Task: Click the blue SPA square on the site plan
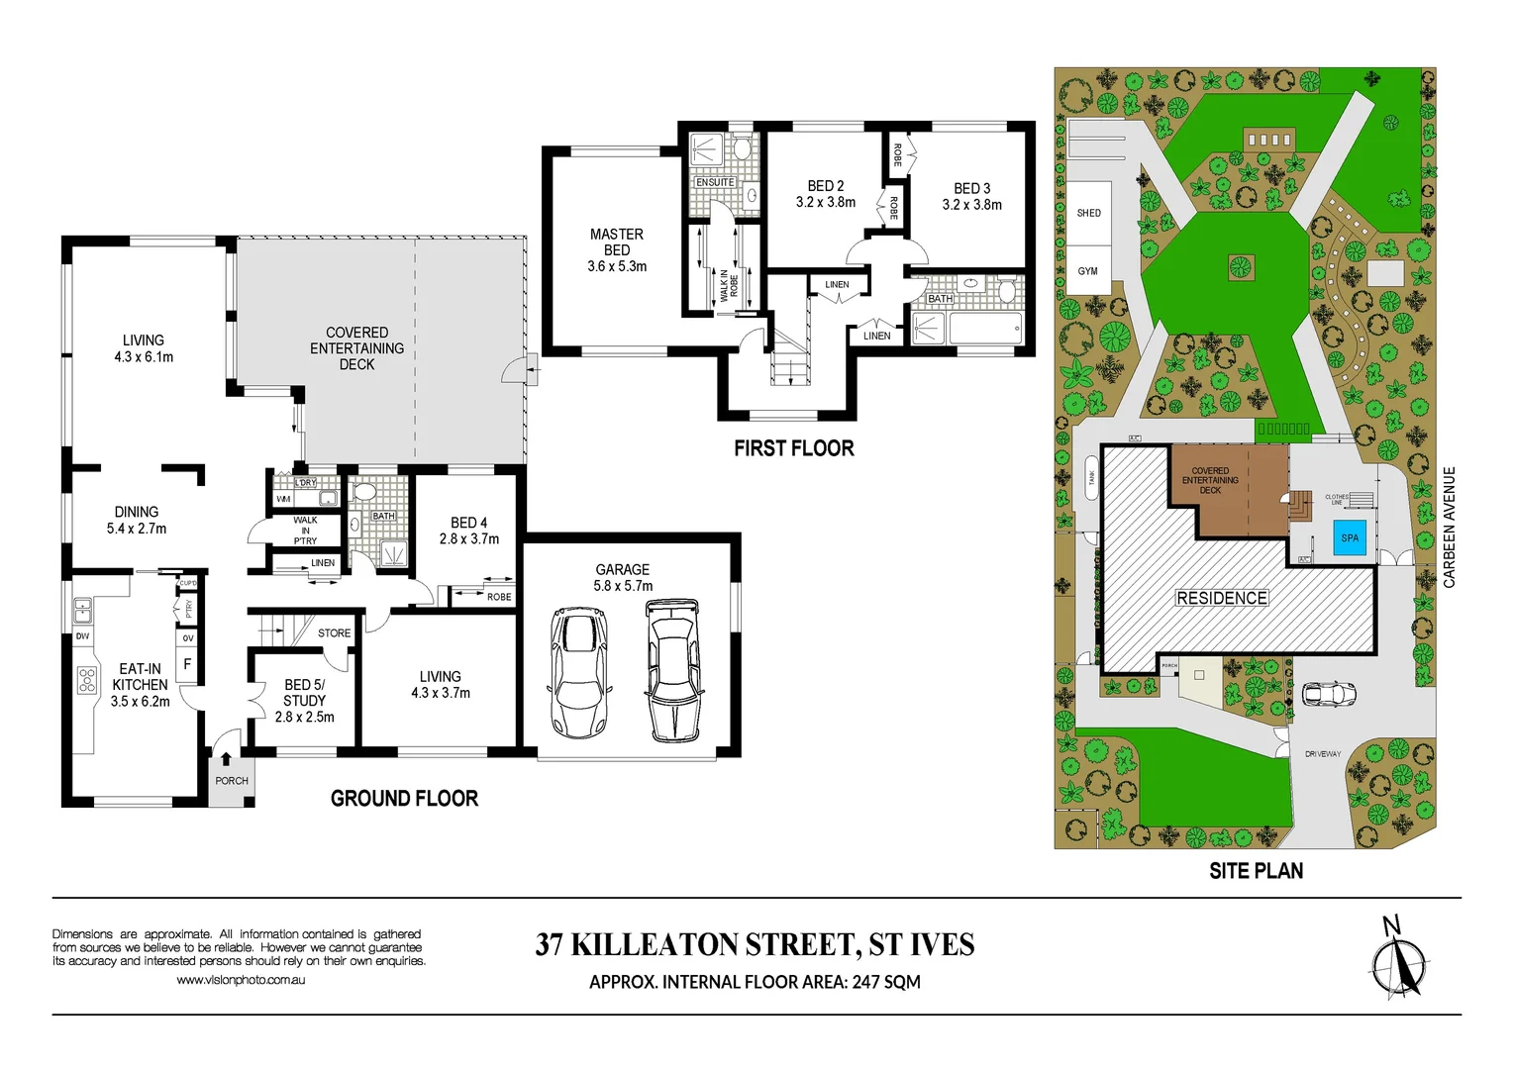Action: coord(1350,538)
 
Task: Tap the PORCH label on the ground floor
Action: coord(232,781)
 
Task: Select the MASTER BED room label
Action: coord(616,249)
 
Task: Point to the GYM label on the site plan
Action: coord(1087,271)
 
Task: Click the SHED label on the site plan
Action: coord(1088,213)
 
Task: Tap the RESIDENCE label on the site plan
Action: coord(1221,598)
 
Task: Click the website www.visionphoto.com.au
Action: coord(241,980)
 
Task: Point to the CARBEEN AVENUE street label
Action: coord(1450,528)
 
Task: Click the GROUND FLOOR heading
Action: coord(404,799)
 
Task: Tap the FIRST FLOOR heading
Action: coord(793,448)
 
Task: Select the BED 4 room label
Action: coord(468,531)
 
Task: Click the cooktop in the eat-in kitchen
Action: coord(87,679)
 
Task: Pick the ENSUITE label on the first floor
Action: coord(715,182)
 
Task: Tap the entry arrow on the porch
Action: coord(227,759)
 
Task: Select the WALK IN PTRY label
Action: coord(305,531)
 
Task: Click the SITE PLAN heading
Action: coord(1256,871)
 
